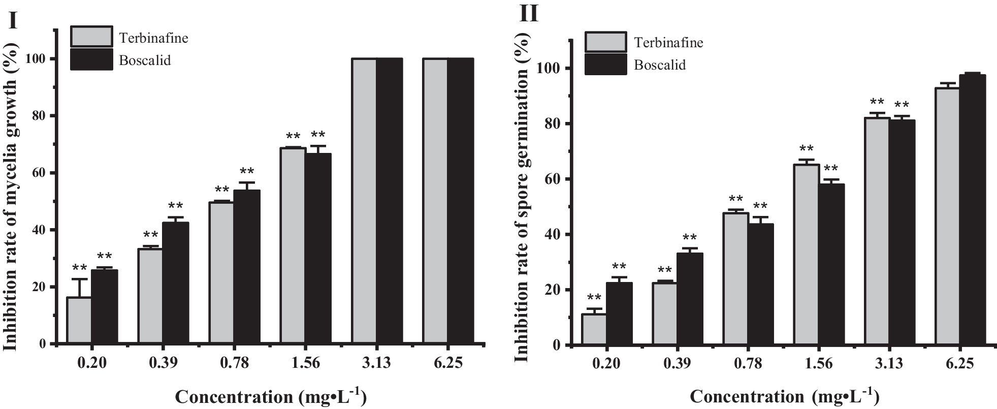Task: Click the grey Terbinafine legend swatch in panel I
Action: coord(91,37)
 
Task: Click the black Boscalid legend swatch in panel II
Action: coord(605,65)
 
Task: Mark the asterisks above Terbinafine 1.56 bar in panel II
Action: coord(807,149)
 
